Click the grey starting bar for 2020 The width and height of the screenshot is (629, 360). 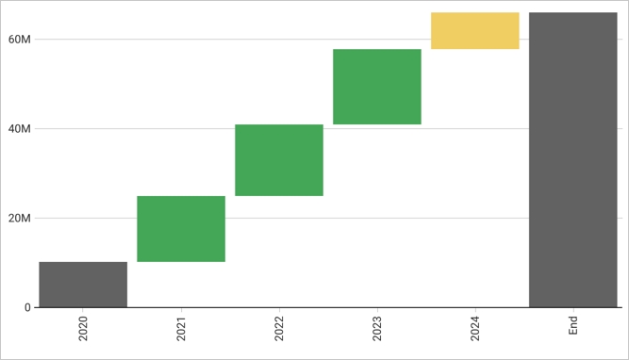point(83,285)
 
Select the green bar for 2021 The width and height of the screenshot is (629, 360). point(181,229)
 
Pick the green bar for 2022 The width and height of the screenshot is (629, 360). point(279,160)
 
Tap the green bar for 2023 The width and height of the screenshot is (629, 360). point(377,87)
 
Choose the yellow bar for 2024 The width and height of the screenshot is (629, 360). point(475,31)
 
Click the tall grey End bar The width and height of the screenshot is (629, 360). point(573,160)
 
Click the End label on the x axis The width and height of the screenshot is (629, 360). point(573,325)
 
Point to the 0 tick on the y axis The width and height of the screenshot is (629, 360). point(26,307)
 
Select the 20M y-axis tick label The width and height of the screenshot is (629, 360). point(19,219)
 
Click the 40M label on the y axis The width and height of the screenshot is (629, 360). point(19,129)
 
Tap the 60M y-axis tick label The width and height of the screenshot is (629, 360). point(19,40)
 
